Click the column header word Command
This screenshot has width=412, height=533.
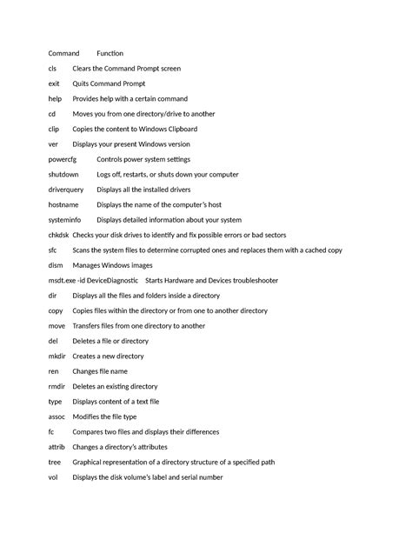(x=63, y=53)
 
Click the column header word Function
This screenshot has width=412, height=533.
(x=110, y=53)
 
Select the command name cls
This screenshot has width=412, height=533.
(x=53, y=69)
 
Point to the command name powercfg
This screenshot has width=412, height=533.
(x=63, y=160)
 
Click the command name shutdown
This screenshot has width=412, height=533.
(x=63, y=175)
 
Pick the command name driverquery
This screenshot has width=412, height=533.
(x=66, y=190)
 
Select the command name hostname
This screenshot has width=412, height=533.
(x=64, y=205)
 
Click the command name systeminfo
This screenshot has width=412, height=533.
(x=65, y=220)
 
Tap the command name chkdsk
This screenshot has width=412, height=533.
(x=59, y=236)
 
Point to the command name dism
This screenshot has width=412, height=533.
(x=55, y=265)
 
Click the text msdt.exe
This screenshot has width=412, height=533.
(x=63, y=281)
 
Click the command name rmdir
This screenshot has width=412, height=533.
(x=56, y=386)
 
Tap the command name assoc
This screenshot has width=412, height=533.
(x=56, y=416)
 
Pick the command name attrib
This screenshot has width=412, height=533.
(x=56, y=447)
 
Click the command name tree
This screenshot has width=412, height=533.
(x=54, y=462)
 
